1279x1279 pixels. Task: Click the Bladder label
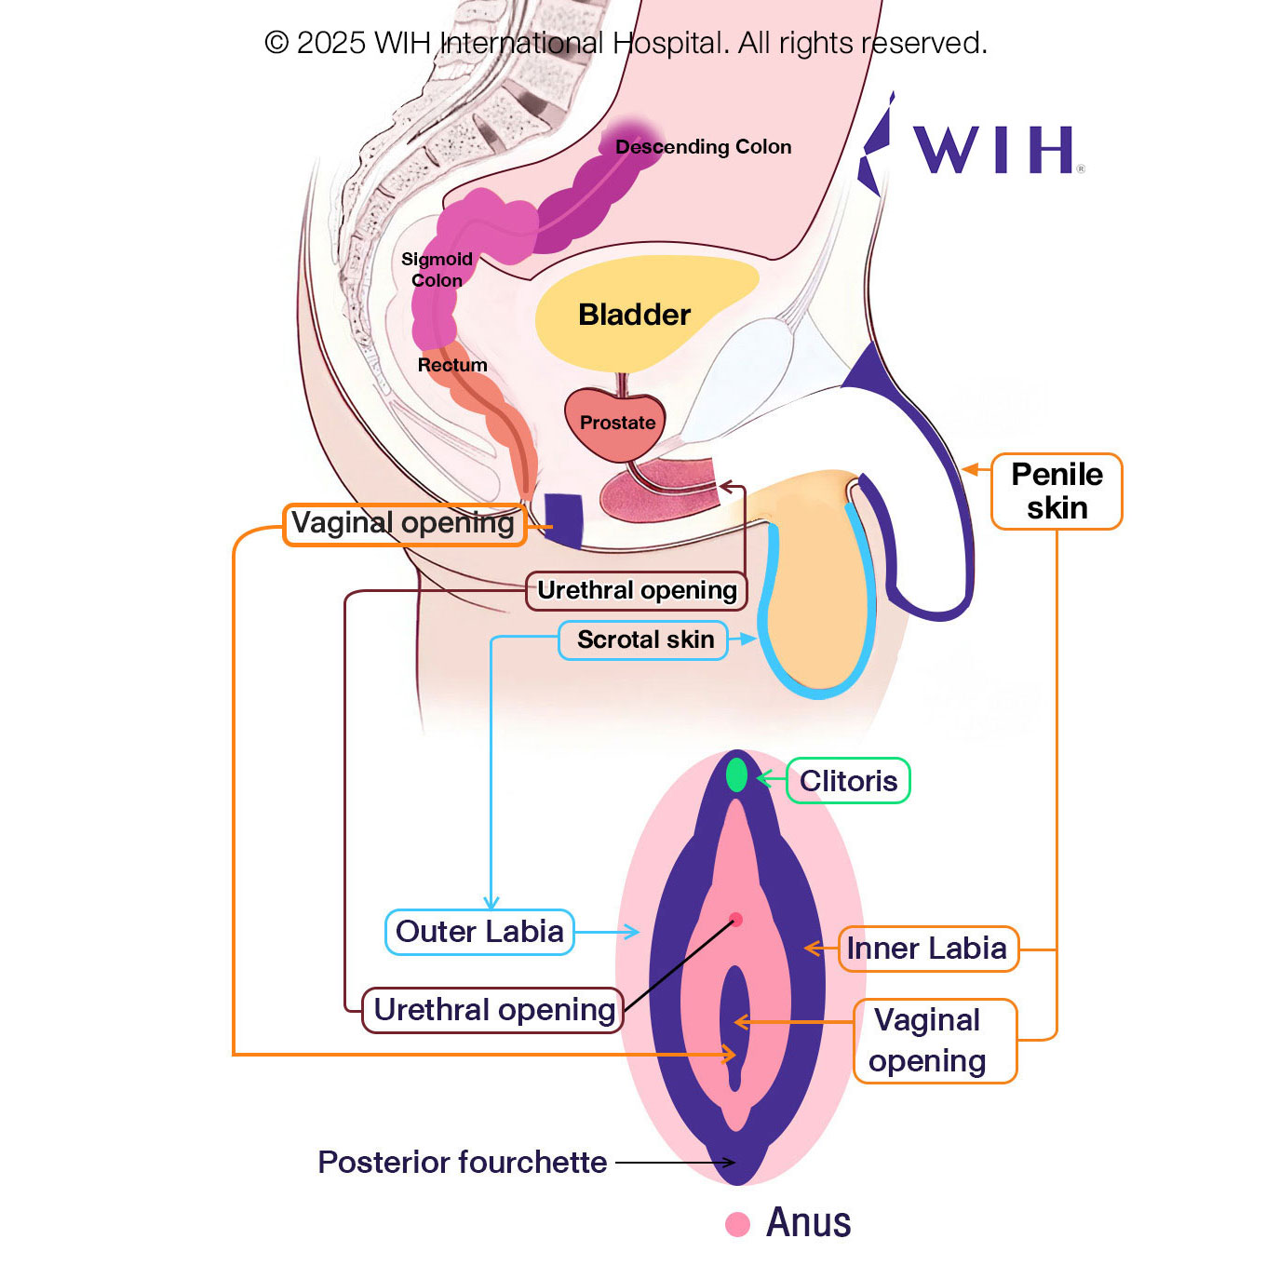coord(634,315)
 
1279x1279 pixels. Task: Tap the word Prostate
coord(617,423)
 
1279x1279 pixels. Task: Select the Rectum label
coord(452,365)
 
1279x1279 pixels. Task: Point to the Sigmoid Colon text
coord(437,270)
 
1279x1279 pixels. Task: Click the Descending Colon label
coord(703,147)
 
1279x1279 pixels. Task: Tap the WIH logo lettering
coord(993,150)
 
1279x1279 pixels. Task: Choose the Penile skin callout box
coord(1057,491)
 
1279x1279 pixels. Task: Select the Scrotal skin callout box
coord(643,640)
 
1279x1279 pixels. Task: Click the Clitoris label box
coord(848,781)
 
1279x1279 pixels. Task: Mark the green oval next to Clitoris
coord(736,774)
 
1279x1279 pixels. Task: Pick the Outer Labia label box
coord(479,932)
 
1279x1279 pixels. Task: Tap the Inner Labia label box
coord(927,949)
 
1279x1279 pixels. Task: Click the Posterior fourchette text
coord(462,1163)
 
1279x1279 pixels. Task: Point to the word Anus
coord(808,1222)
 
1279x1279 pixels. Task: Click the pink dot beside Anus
coord(738,1224)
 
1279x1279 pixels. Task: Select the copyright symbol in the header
coord(276,43)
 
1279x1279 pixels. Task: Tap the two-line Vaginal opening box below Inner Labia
coord(935,1041)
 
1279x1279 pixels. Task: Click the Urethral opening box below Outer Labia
coord(493,1010)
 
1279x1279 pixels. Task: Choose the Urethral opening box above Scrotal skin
coord(637,591)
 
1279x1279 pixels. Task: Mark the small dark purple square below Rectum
coord(563,519)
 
